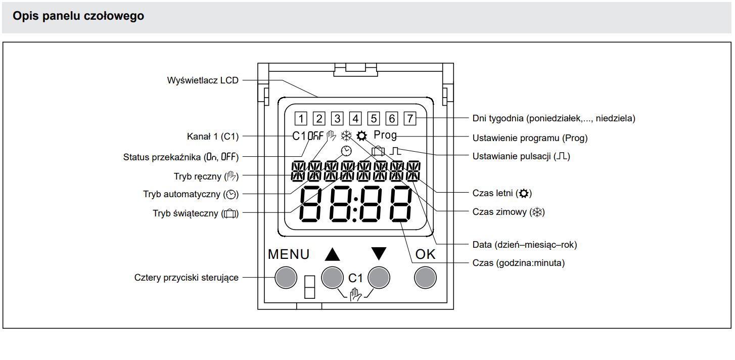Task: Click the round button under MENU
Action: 285,277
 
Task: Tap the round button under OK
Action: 425,277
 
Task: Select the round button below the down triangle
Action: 379,277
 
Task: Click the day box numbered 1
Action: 300,119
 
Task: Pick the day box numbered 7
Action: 409,119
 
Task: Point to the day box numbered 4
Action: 355,119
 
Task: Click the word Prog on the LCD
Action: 385,136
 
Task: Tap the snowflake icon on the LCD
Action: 346,136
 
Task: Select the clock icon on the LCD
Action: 346,150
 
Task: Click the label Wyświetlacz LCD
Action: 202,80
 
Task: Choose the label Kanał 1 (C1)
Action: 212,136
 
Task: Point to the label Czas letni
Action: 502,193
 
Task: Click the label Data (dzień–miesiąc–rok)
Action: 524,245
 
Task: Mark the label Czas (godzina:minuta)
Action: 518,263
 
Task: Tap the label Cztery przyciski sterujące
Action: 186,278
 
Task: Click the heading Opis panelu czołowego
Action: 78,16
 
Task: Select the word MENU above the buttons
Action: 289,254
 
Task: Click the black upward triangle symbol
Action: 332,254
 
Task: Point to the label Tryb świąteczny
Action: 195,213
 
